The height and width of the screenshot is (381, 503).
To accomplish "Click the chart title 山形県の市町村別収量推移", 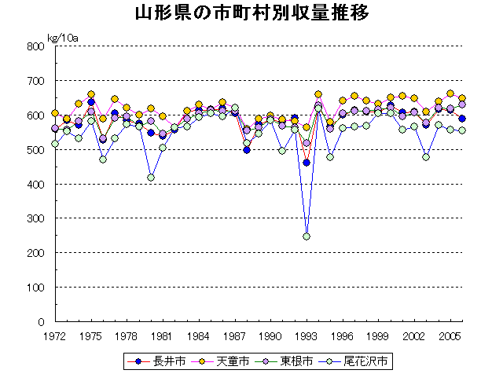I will [251, 13].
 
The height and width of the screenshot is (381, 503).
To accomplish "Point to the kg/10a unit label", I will [62, 36].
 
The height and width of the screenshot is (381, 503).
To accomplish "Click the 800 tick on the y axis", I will [36, 46].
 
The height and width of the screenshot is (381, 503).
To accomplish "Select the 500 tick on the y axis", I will [36, 150].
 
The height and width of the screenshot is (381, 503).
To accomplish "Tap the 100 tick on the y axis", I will [36, 288].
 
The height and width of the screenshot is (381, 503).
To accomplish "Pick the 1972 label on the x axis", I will [55, 335].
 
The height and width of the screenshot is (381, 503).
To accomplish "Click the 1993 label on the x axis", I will [307, 335].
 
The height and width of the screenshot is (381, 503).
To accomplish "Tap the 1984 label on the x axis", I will [199, 335].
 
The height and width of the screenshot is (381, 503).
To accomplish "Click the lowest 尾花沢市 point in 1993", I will [307, 236].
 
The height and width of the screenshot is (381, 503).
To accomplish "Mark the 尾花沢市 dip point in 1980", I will [151, 178].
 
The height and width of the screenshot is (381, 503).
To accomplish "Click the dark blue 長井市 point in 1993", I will [307, 163].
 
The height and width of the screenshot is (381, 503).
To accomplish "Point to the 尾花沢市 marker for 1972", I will [55, 144].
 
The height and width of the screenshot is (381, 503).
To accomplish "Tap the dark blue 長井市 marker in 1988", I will [247, 150].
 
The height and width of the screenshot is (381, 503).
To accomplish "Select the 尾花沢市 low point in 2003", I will [426, 157].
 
